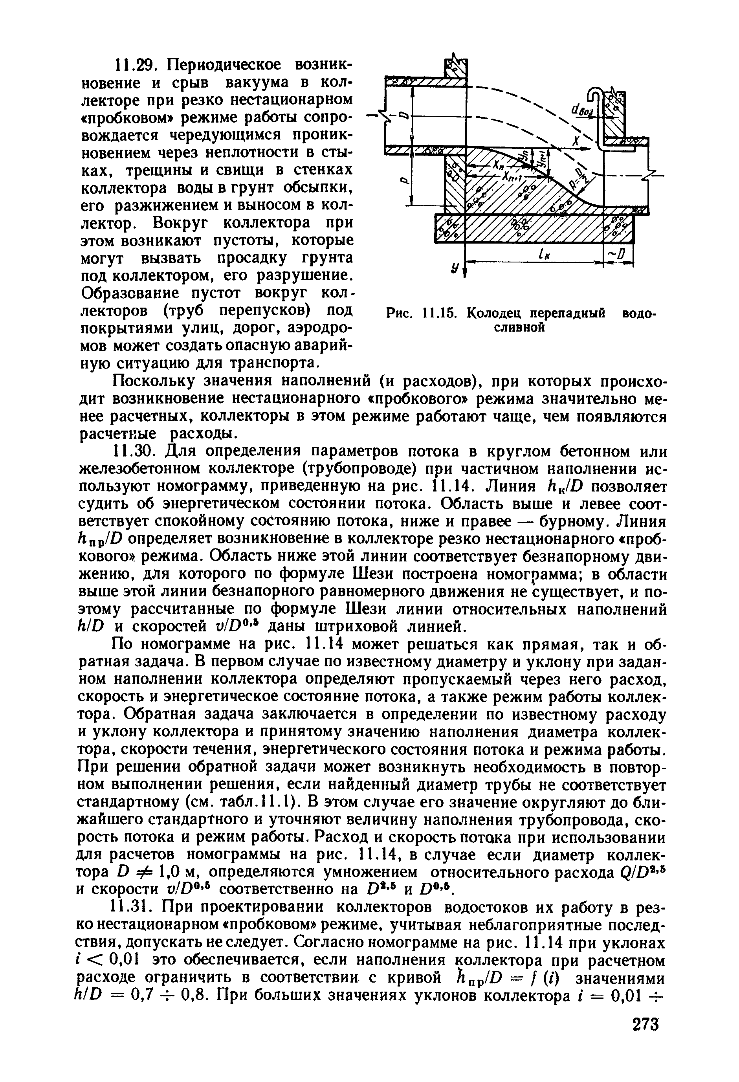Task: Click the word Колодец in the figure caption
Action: click(496, 314)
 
